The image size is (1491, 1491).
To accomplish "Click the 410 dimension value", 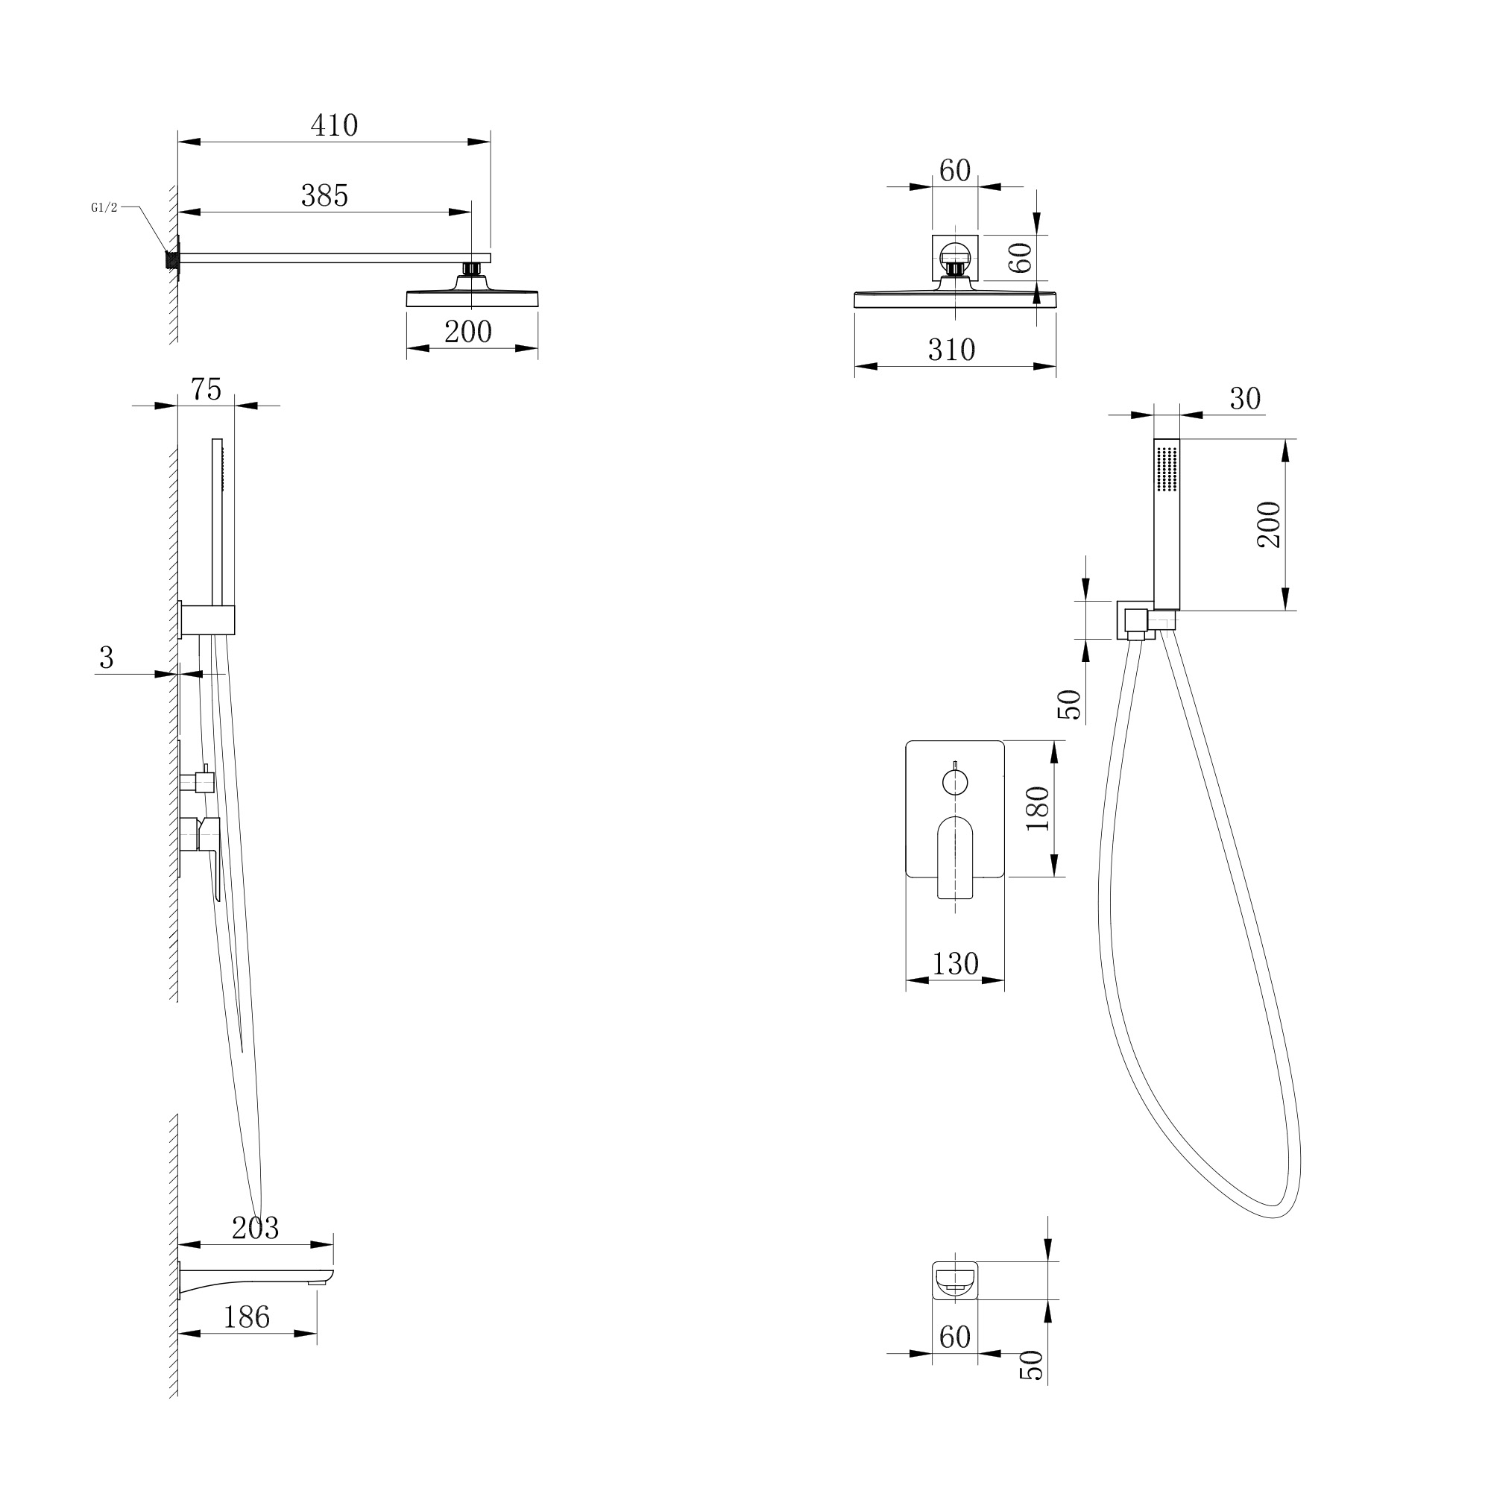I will pos(334,125).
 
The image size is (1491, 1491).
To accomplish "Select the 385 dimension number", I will pos(324,196).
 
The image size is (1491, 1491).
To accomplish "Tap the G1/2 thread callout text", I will pos(104,207).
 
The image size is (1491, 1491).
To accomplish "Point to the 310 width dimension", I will pos(951,350).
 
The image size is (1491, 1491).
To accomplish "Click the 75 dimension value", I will pos(206,389).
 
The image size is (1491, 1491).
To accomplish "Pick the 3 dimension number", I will pos(107,658).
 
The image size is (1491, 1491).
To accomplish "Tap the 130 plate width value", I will pos(955,963).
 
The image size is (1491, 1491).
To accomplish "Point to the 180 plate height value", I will pos(1038,808).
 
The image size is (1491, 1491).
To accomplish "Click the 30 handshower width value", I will pos(1244,399).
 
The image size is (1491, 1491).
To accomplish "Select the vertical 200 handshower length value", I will pos(1269,525).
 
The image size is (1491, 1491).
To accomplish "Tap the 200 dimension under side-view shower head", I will pos(467,332).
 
